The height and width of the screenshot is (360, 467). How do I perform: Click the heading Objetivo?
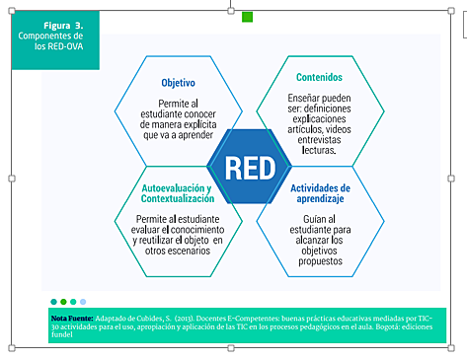(x=178, y=83)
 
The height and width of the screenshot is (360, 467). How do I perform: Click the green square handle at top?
(x=248, y=17)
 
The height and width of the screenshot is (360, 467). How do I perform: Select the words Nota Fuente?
(x=73, y=320)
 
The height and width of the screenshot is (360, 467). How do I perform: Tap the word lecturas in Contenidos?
(x=316, y=150)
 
